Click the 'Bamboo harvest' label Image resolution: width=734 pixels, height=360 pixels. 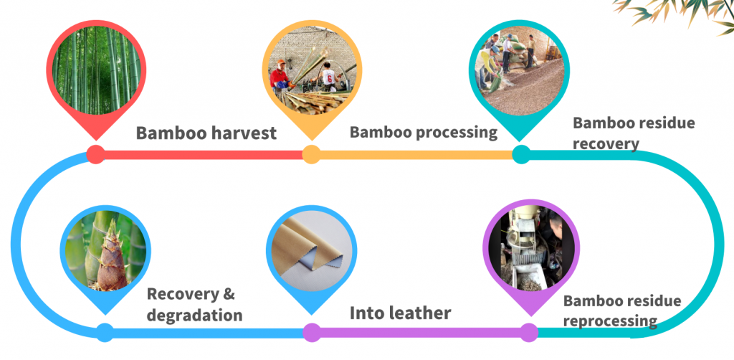coord(206,133)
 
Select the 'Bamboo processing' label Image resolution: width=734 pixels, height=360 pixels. coord(423,133)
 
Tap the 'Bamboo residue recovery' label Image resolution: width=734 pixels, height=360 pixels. coord(634,133)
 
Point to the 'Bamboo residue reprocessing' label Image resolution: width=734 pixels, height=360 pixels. coord(622,311)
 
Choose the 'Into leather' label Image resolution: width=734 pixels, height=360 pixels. coord(400,313)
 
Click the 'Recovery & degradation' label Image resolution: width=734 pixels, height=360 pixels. coord(195,304)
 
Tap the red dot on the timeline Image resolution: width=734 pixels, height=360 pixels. coord(96,154)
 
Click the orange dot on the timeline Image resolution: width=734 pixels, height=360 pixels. coord(311,154)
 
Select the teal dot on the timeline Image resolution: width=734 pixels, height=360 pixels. coord(521,154)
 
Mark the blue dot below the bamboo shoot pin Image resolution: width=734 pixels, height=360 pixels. coord(105,332)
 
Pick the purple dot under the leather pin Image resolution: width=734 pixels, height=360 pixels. coord(312,332)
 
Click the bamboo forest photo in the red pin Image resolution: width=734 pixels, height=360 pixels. coord(96,70)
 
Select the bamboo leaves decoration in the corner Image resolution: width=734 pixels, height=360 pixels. coord(679,14)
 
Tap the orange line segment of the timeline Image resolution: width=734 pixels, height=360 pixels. coord(416,154)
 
